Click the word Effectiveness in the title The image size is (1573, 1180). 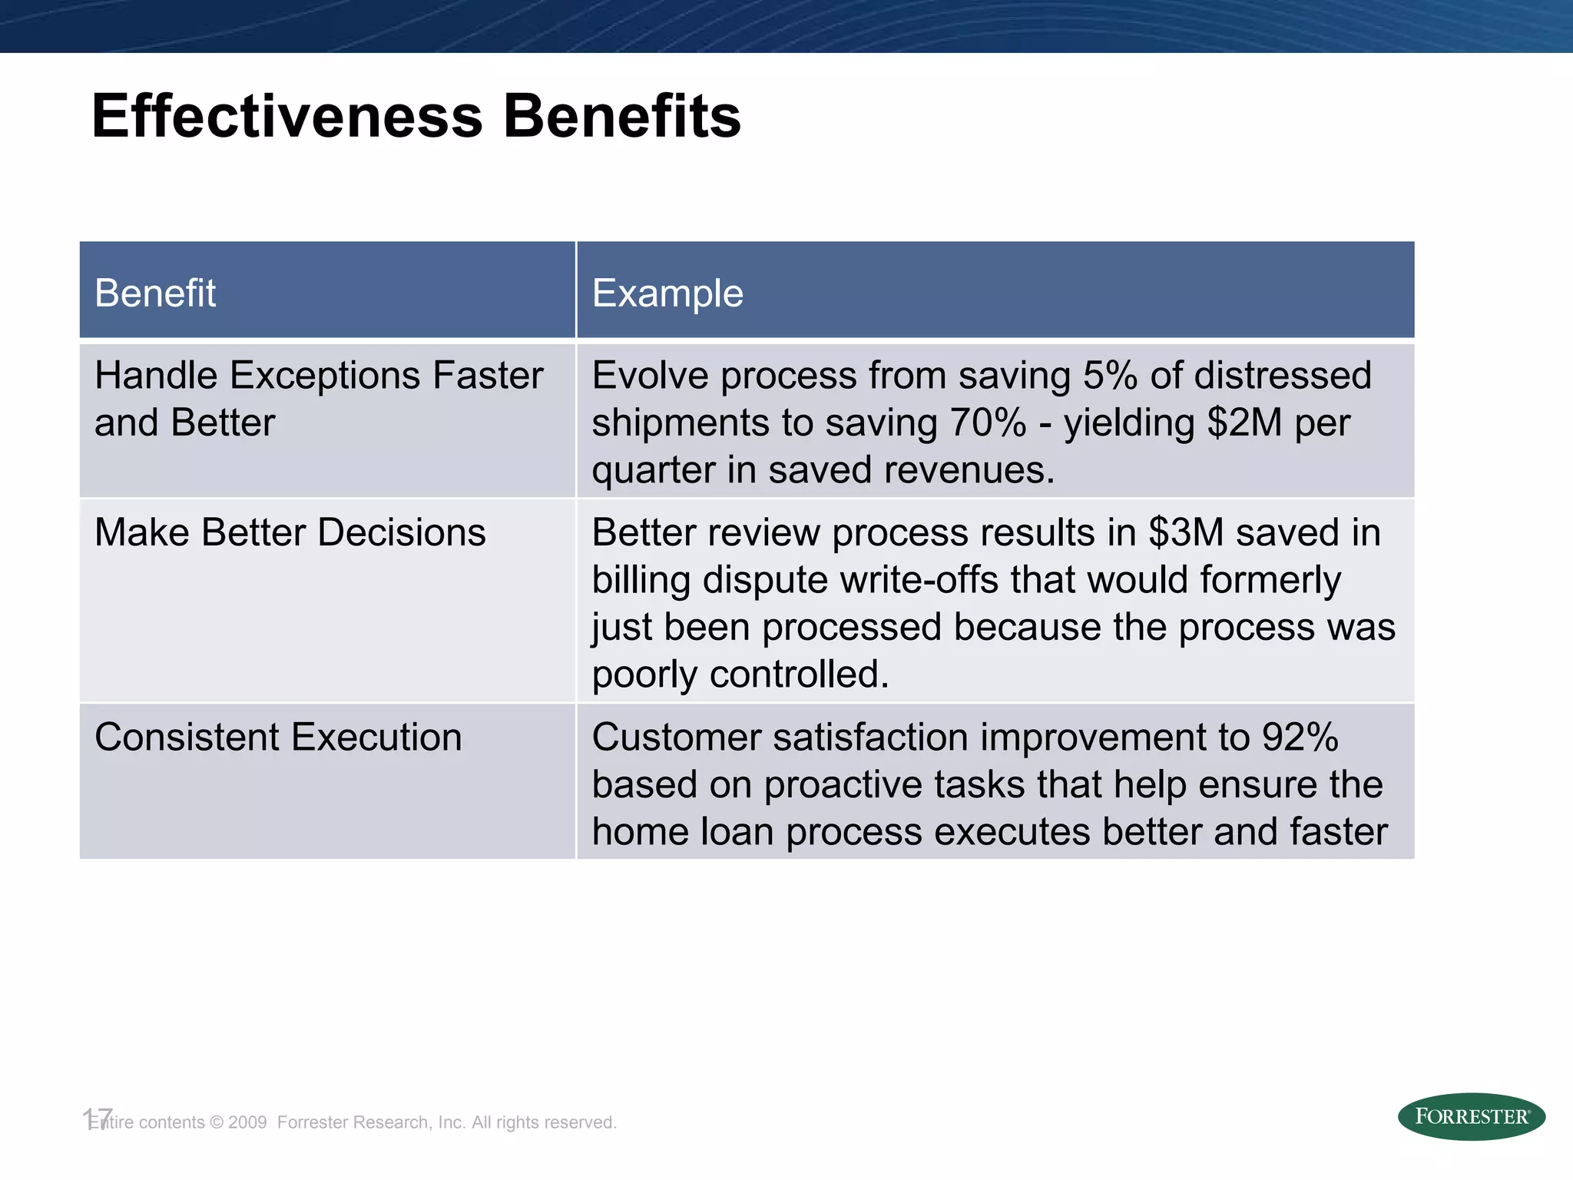(x=287, y=116)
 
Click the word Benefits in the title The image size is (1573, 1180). (x=621, y=116)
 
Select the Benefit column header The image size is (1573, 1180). (x=155, y=293)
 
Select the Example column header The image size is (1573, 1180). (x=667, y=293)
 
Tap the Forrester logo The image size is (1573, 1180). (x=1471, y=1116)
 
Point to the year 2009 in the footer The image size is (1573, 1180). (x=247, y=1122)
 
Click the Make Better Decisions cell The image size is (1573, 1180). (x=290, y=532)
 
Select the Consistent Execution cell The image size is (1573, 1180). (x=277, y=737)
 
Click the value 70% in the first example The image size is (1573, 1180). (x=988, y=423)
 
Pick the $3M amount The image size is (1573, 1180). (x=1186, y=532)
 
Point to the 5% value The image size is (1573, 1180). (x=1109, y=376)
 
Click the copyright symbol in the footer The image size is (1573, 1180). (x=217, y=1122)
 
